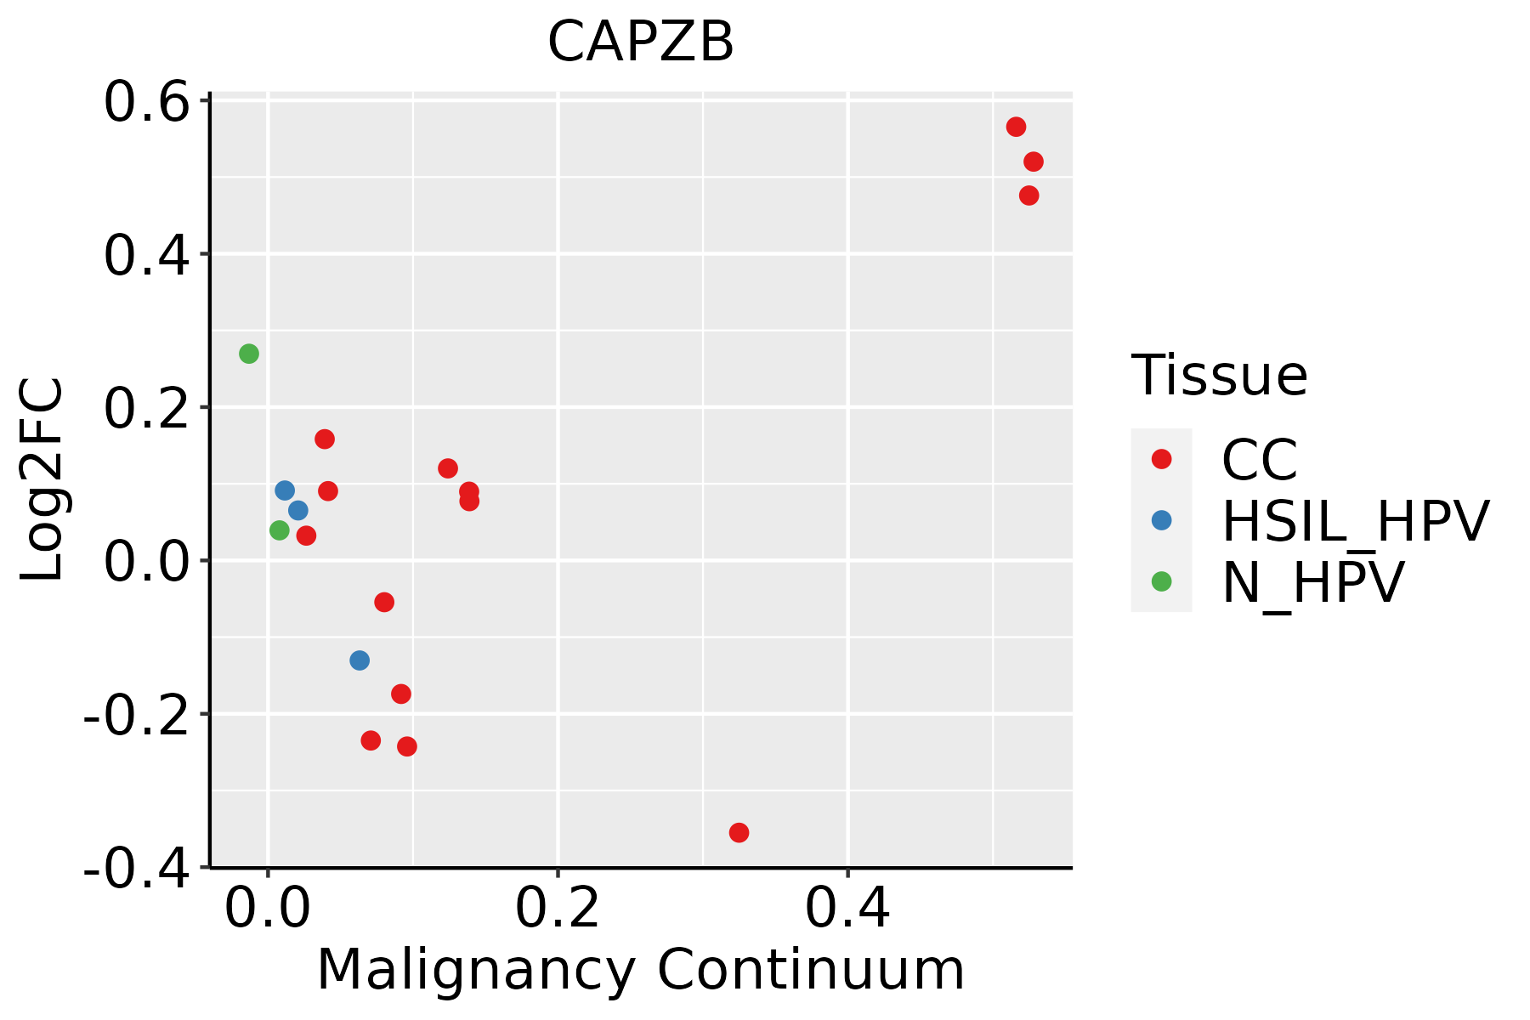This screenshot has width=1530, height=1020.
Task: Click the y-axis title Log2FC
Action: pos(42,479)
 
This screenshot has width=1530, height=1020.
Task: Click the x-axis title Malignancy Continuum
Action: pos(640,970)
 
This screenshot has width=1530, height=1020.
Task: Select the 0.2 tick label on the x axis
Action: pos(558,909)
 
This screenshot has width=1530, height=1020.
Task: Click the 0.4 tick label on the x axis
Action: pos(847,909)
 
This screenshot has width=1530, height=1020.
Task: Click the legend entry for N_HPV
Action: pos(1312,582)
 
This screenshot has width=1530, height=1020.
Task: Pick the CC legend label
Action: pos(1259,460)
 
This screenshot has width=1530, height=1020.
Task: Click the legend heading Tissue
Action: pos(1219,375)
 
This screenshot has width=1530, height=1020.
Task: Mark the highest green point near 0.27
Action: pos(248,354)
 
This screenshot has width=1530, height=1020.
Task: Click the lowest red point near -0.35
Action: pos(739,832)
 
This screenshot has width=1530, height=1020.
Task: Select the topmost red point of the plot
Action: pos(1016,127)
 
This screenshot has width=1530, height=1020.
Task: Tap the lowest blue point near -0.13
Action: pos(360,660)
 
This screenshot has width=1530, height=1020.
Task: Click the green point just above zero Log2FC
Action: pos(279,530)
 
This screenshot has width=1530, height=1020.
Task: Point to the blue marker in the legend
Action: pos(1161,520)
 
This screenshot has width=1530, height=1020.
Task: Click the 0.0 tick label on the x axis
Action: pos(267,909)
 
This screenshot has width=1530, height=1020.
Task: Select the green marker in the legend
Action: pos(1161,581)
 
